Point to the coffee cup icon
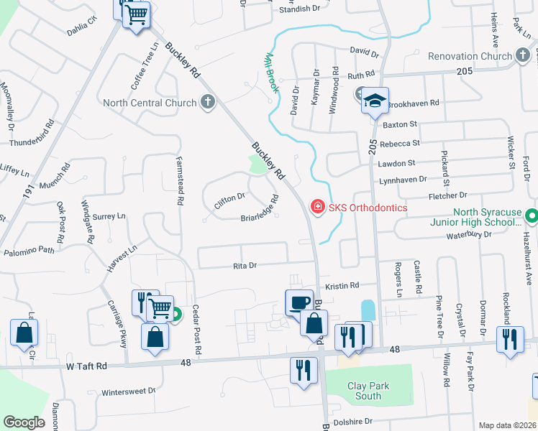coord(299,302)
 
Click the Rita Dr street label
coord(246,265)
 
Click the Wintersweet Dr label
coord(129,391)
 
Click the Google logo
coord(24,422)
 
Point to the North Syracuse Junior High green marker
coord(531,215)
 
